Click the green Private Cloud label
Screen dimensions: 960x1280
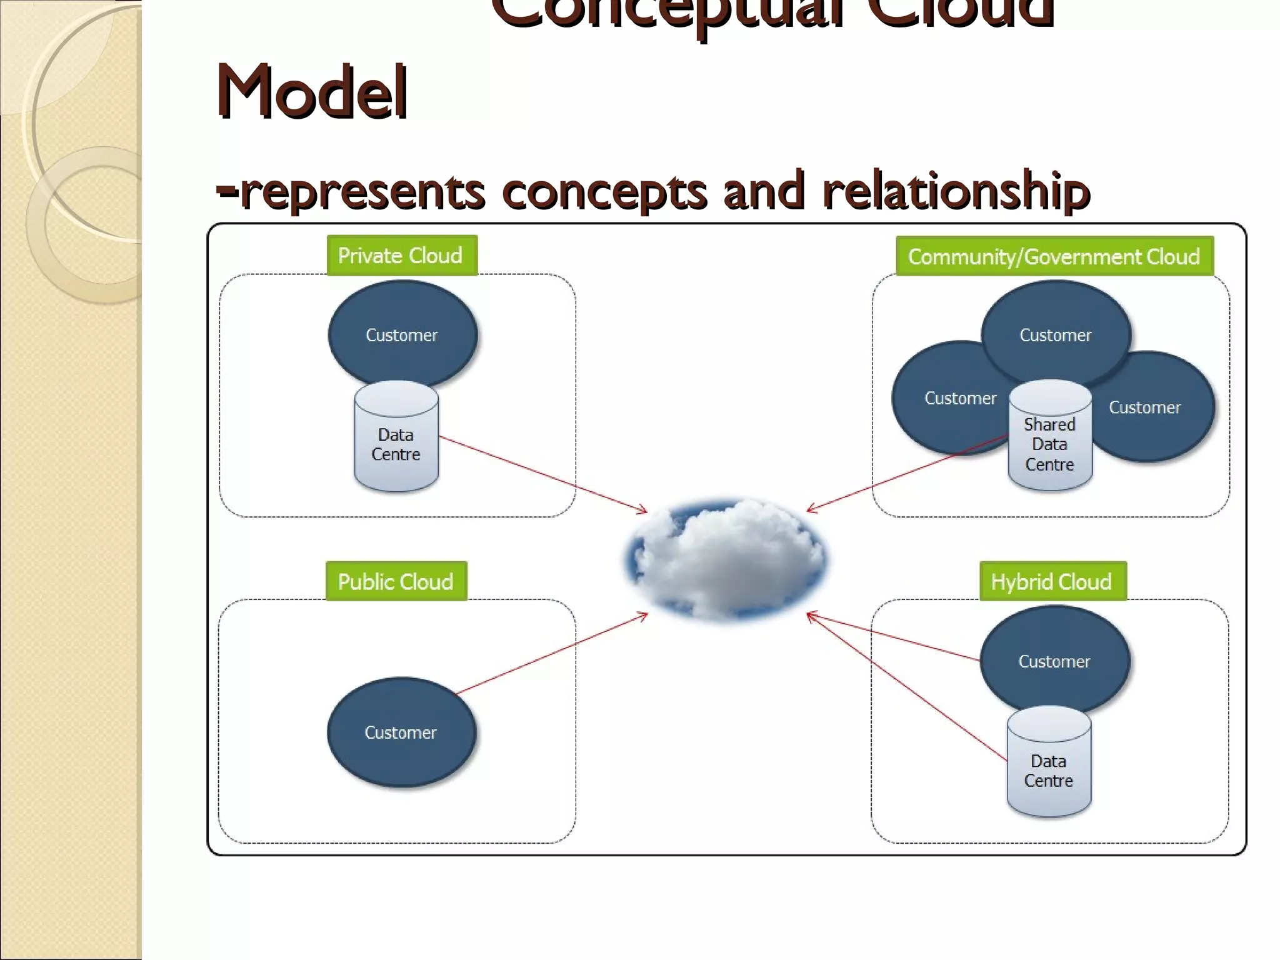click(x=401, y=256)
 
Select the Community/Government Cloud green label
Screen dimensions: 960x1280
click(x=1054, y=256)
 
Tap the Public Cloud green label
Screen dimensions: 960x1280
click(x=396, y=581)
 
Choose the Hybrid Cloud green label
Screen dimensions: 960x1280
click(x=1052, y=581)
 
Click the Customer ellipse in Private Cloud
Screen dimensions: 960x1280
click(x=402, y=331)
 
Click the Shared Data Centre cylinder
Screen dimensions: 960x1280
click(x=1050, y=444)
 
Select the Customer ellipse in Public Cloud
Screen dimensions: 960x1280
click(x=401, y=732)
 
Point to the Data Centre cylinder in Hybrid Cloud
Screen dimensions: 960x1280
click(x=1049, y=770)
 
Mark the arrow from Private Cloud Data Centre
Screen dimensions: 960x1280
click(x=544, y=476)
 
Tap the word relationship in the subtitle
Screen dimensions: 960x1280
click(x=956, y=191)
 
